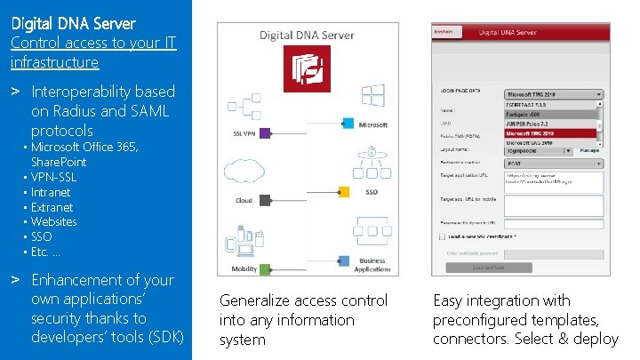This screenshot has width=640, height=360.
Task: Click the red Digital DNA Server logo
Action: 307,69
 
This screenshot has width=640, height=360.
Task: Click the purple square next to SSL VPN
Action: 274,123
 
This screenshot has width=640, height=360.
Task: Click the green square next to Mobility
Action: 265,268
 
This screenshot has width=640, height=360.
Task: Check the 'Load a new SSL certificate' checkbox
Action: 442,236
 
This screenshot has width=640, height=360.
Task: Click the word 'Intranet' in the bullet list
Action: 51,192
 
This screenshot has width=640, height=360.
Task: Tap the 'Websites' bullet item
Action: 53,221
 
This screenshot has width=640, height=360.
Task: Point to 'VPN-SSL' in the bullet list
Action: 53,177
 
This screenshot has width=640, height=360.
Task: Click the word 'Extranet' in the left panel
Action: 52,207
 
